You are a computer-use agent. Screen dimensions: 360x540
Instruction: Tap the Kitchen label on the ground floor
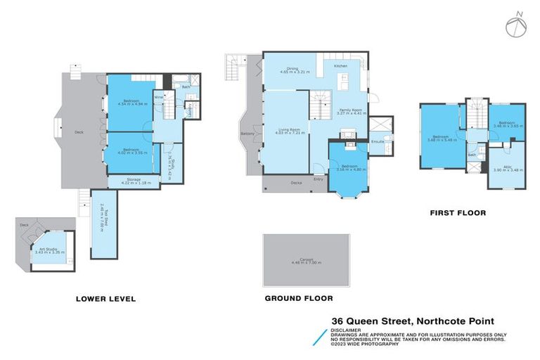[x=340, y=66]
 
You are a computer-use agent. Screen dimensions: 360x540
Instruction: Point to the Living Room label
[x=285, y=130]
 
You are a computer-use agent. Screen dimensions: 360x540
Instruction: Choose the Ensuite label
[x=378, y=142]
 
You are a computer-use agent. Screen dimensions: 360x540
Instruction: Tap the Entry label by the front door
[x=319, y=179]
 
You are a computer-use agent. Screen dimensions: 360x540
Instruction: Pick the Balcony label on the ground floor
[x=247, y=133]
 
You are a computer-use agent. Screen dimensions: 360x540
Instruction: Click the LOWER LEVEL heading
[x=105, y=299]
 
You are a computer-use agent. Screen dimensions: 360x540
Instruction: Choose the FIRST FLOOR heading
[x=458, y=212]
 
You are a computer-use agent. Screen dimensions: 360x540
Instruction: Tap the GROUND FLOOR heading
[x=299, y=298]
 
